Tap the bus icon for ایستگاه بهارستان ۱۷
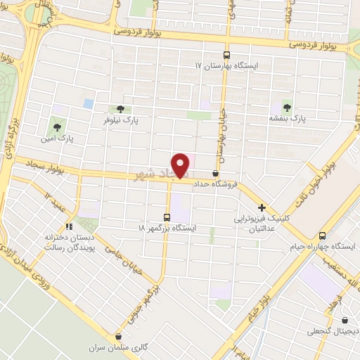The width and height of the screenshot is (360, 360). (x=226, y=55)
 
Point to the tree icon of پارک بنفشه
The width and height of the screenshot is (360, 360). (x=287, y=107)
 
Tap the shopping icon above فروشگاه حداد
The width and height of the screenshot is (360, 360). (x=215, y=173)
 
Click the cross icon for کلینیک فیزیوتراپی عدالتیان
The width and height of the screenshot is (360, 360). (x=262, y=207)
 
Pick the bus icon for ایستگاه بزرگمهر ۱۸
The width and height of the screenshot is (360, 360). (x=167, y=217)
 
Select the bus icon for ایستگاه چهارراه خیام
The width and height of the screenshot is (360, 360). (x=322, y=236)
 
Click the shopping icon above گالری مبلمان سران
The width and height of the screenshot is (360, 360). (x=118, y=337)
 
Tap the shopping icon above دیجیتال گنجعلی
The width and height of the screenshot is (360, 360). (x=309, y=319)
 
